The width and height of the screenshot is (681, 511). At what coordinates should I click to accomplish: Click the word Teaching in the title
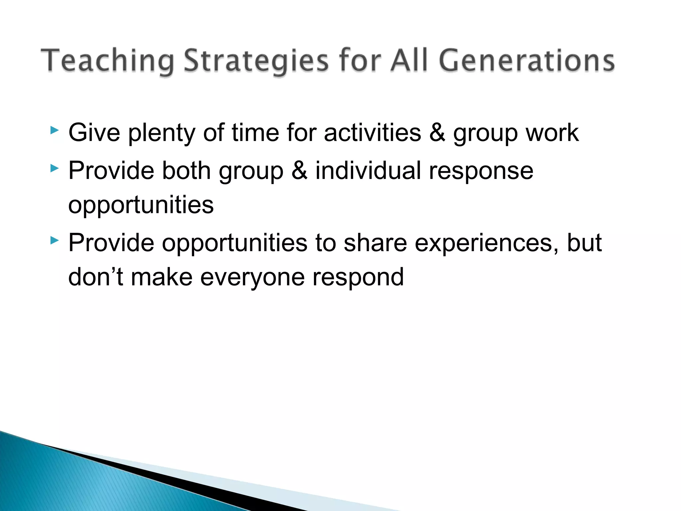click(x=107, y=61)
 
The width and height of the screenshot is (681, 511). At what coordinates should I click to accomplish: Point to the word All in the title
click(x=409, y=61)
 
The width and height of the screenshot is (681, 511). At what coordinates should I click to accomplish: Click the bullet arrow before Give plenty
click(x=55, y=130)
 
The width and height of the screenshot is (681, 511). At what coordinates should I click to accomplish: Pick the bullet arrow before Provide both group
click(x=55, y=168)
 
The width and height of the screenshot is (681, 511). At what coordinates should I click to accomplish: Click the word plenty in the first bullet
click(x=162, y=133)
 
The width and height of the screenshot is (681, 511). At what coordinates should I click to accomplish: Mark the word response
click(x=481, y=171)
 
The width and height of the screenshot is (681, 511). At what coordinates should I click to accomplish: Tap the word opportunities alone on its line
click(x=141, y=205)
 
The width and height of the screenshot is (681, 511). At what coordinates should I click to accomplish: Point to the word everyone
click(x=252, y=277)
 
